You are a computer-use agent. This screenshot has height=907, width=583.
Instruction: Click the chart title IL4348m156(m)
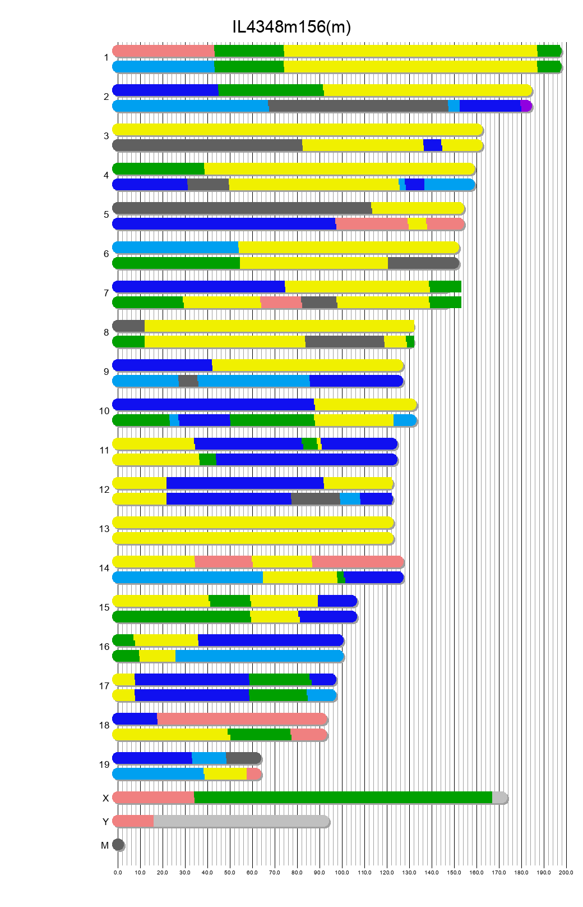[x=291, y=26]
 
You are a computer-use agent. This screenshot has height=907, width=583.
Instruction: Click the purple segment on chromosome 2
[x=525, y=106]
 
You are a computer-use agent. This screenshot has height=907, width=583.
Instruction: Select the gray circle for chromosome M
[x=118, y=845]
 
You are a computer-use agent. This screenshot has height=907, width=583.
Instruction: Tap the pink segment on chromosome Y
[x=133, y=821]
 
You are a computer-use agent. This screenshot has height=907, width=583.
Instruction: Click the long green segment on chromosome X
[x=343, y=798]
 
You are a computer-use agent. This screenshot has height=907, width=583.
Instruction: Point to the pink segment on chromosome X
[x=153, y=798]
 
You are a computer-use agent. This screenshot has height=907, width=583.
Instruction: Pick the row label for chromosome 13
[x=104, y=529]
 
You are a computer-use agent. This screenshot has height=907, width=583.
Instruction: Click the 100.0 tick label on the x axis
[x=342, y=873]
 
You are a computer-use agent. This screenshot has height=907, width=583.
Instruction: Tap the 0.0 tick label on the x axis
[x=118, y=873]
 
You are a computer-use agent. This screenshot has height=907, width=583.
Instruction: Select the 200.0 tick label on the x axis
[x=566, y=873]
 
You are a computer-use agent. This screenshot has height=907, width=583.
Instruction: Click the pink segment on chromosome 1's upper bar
[x=163, y=51]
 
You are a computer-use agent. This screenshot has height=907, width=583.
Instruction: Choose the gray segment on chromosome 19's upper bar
[x=243, y=758]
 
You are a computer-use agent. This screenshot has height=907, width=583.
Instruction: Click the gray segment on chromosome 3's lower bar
[x=207, y=145]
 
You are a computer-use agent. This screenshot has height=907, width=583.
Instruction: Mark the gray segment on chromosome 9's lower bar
[x=188, y=381]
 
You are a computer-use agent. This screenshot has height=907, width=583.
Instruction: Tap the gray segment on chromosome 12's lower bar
[x=316, y=499]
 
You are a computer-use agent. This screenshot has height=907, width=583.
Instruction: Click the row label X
[x=105, y=798]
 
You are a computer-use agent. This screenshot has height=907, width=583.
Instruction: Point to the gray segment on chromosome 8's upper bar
[x=129, y=326]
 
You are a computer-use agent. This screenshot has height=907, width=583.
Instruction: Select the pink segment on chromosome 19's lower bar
[x=253, y=774]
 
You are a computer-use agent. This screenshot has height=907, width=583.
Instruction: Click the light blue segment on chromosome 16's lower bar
[x=259, y=656]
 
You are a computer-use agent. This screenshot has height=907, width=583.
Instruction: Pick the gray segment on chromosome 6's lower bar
[x=423, y=263]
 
